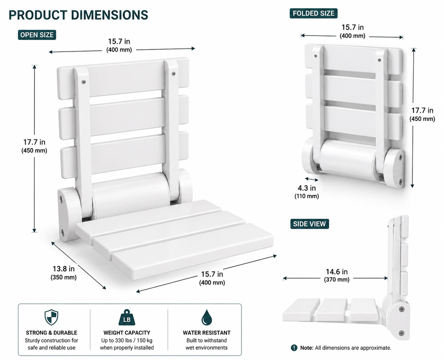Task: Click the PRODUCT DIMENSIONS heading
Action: pyautogui.click(x=78, y=15)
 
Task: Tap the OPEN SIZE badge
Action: pyautogui.click(x=37, y=35)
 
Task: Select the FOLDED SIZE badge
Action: pyautogui.click(x=313, y=13)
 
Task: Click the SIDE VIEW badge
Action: pyautogui.click(x=310, y=224)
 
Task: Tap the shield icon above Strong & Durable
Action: pyautogui.click(x=51, y=317)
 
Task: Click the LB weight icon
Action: pyautogui.click(x=127, y=318)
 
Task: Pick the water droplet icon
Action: pyautogui.click(x=207, y=317)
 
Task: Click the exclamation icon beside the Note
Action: pyautogui.click(x=294, y=347)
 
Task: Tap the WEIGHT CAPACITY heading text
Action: pyautogui.click(x=127, y=333)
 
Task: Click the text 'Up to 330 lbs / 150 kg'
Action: pyautogui.click(x=127, y=341)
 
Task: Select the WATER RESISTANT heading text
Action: pyautogui.click(x=207, y=333)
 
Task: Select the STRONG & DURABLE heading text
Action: pyautogui.click(x=51, y=333)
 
